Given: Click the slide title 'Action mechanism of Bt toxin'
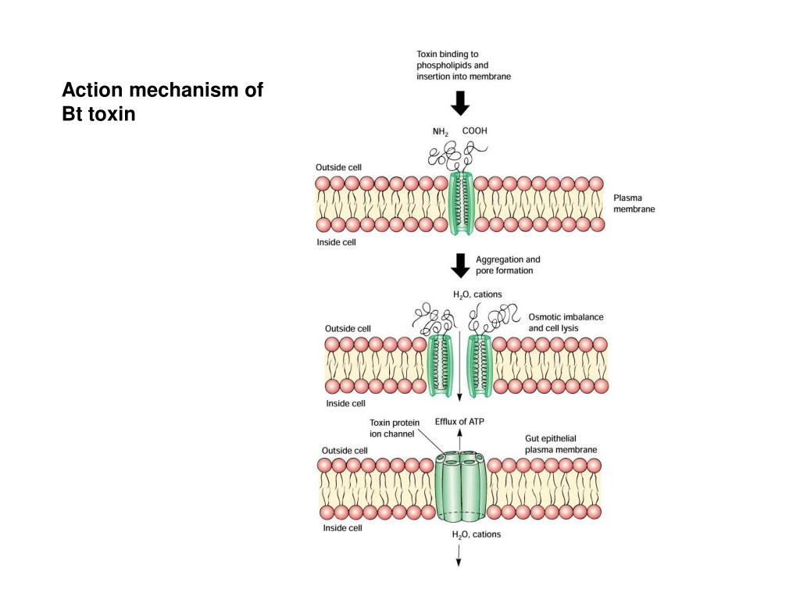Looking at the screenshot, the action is (162, 102).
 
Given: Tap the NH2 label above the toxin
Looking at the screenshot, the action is (441, 132).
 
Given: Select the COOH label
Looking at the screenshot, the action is (474, 130).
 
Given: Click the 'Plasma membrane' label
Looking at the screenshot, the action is (634, 203).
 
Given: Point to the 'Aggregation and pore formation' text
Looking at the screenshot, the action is (508, 265).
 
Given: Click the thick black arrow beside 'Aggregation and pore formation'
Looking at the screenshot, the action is (460, 266).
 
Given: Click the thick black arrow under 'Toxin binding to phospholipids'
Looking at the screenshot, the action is (460, 103).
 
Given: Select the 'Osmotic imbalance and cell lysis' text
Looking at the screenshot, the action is (566, 323).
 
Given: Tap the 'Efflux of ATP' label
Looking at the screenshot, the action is (459, 421).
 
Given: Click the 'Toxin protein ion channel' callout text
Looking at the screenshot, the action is (395, 428).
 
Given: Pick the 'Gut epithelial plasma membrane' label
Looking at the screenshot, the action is (561, 444).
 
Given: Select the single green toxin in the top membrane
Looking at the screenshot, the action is (461, 203).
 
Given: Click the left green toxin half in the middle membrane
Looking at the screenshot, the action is (440, 366).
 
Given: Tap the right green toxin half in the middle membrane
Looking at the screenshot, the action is (480, 366).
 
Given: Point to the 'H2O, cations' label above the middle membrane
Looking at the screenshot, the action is (477, 295).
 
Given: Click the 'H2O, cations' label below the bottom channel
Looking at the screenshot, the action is (476, 534).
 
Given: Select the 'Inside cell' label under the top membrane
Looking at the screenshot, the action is (336, 242).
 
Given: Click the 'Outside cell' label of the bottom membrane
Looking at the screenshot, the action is (345, 451).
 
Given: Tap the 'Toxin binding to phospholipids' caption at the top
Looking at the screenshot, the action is (463, 66).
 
